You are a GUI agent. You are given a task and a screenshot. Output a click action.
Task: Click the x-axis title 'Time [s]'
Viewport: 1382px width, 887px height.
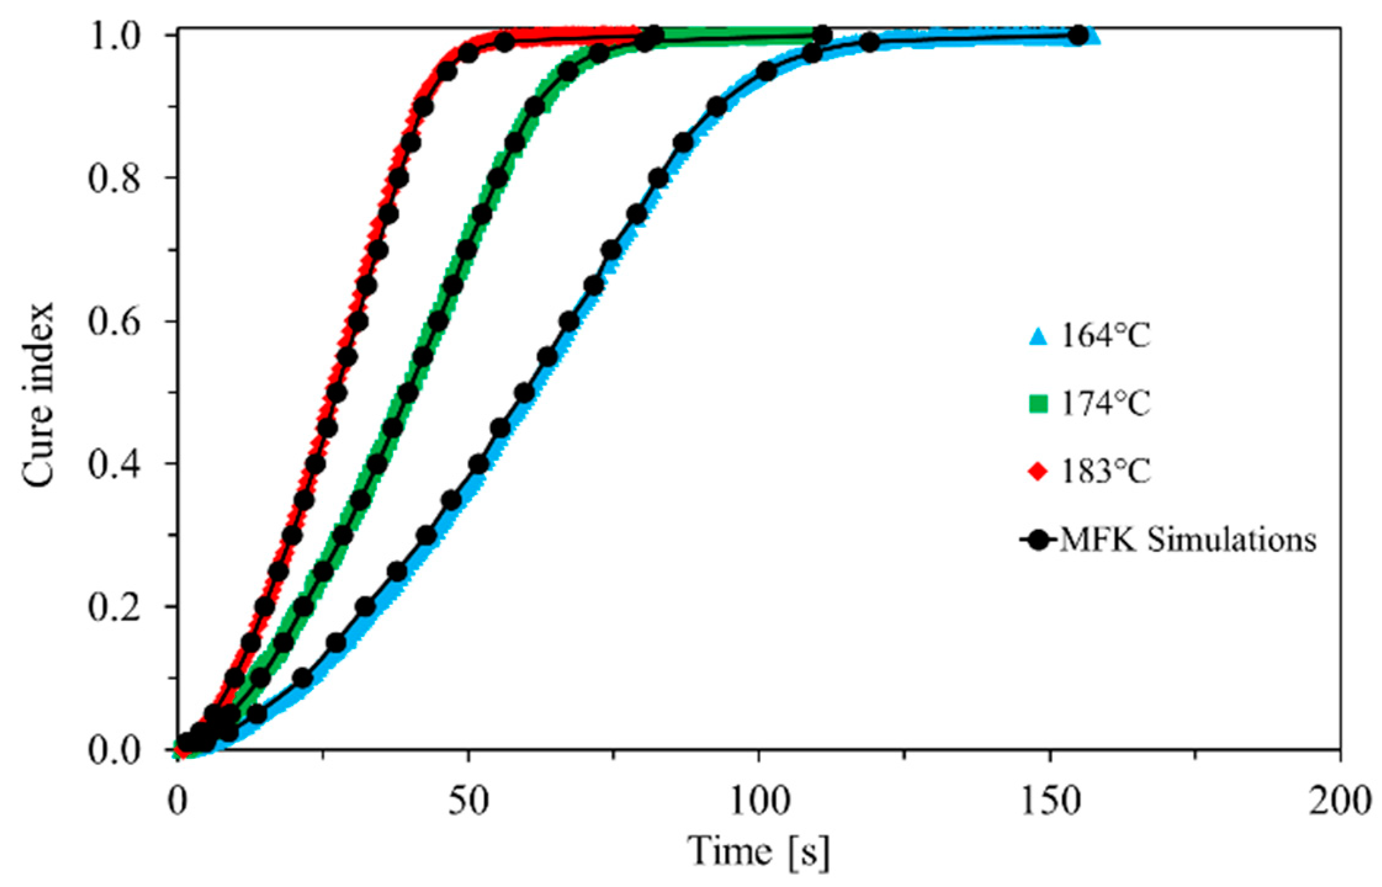click(758, 852)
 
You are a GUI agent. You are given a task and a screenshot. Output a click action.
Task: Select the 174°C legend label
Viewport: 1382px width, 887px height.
click(1105, 404)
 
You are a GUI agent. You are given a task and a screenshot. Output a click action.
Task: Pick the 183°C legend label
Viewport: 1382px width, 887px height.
click(1105, 472)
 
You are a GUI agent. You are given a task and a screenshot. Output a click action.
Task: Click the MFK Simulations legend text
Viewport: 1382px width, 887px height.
click(1187, 540)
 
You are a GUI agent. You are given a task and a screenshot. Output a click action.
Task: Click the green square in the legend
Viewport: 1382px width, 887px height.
click(1039, 405)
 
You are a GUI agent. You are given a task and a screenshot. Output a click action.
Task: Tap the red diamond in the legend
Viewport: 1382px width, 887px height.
click(1039, 473)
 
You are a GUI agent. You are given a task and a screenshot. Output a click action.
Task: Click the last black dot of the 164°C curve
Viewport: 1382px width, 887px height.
click(1078, 36)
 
